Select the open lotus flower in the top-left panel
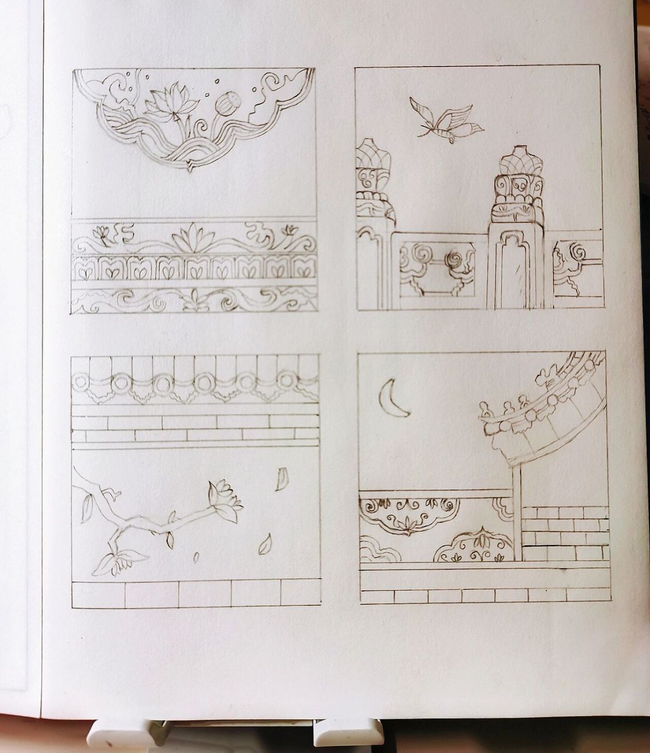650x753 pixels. [168, 104]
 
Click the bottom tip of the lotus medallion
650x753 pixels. [190, 170]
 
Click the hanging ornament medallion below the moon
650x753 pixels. [409, 514]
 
